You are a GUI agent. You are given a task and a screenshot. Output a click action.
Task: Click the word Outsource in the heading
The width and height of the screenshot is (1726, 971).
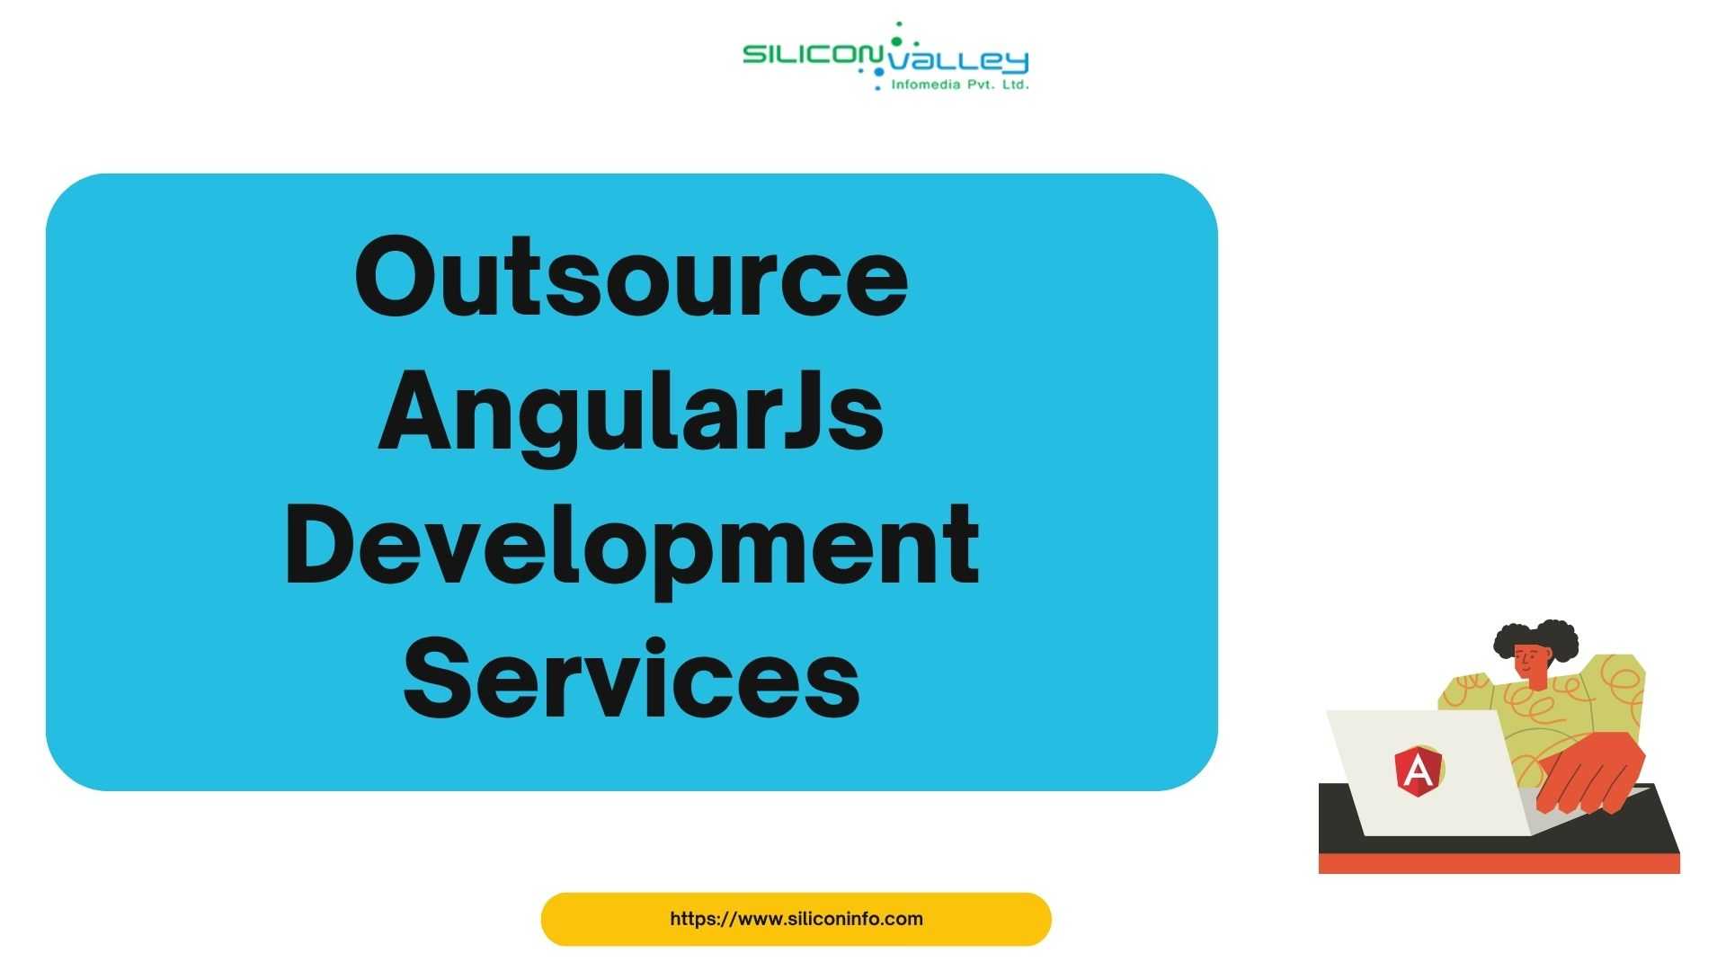point(631,276)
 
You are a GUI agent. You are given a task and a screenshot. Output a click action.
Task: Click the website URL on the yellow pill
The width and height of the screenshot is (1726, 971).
point(796,919)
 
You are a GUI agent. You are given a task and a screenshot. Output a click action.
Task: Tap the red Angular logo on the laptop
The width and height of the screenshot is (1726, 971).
point(1418,771)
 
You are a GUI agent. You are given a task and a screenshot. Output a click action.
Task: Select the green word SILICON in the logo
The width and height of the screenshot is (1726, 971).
point(812,55)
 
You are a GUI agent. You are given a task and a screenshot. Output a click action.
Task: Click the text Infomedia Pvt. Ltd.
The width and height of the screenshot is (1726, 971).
point(959,85)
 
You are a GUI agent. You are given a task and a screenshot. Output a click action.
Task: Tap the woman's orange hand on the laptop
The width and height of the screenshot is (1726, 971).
point(1591,771)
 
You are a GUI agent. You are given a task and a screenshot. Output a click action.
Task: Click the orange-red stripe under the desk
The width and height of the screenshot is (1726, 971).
point(1499,863)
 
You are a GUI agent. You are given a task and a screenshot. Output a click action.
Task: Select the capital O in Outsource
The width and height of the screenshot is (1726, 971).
point(394,276)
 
